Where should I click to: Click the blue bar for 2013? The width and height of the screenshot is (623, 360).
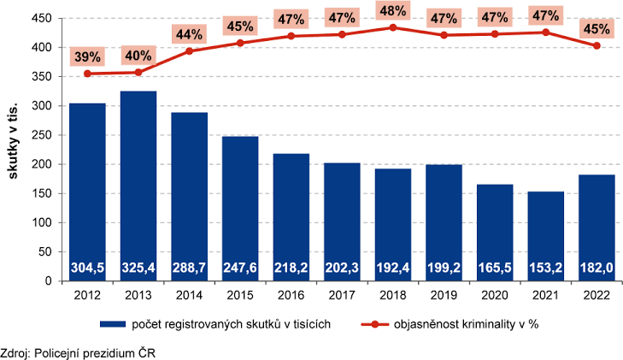[138, 186]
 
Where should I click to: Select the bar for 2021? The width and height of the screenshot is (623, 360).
[546, 236]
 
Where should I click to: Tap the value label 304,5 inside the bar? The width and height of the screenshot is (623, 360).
[87, 268]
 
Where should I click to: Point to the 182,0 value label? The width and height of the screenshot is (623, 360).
[597, 268]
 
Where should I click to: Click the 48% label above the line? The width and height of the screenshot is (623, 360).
[393, 11]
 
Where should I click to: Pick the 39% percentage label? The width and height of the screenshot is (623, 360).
[87, 56]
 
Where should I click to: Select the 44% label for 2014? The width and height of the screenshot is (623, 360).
[189, 34]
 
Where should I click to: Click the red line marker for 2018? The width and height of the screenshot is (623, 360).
[393, 27]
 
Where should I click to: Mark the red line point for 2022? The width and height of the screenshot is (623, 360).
[597, 45]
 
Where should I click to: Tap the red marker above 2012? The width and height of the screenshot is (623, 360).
[87, 74]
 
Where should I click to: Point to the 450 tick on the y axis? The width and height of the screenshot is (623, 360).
[42, 18]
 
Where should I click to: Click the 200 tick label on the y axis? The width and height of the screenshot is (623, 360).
[42, 164]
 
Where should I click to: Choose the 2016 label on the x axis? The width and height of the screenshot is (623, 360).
[291, 295]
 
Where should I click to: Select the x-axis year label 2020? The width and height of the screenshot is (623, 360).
[495, 295]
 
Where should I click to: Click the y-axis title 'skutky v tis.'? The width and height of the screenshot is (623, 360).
[13, 141]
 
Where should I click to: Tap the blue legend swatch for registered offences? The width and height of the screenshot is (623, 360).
[113, 324]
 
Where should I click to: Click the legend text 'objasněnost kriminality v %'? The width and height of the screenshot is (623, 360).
[466, 324]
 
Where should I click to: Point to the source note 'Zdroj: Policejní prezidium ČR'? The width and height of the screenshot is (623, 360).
[78, 353]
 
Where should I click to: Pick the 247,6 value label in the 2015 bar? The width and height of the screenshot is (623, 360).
[240, 268]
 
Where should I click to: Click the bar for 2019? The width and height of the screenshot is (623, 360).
[444, 223]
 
